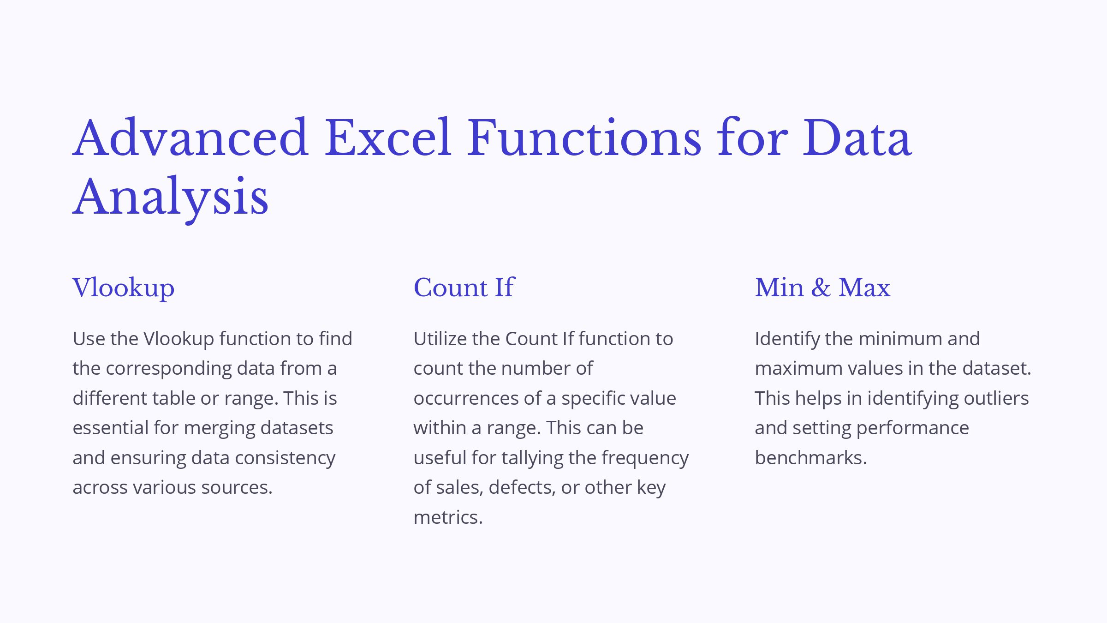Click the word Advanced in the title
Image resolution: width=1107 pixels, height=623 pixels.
click(190, 137)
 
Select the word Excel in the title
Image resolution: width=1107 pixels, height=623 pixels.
click(388, 137)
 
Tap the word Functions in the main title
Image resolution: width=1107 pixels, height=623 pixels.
click(584, 137)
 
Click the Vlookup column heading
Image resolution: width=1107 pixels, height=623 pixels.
click(124, 288)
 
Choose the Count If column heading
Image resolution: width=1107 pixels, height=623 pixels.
click(464, 288)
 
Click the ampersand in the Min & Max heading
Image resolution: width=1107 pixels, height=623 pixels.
click(821, 288)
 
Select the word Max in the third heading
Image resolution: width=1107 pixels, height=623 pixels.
click(864, 288)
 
